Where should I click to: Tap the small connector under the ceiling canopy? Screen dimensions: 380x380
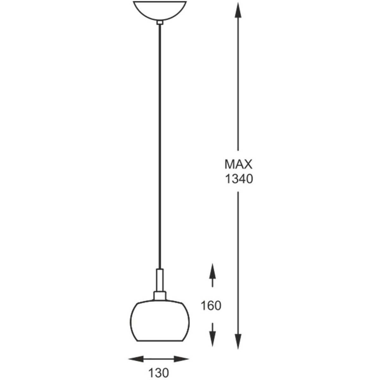(160, 22)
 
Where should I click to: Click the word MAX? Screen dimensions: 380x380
(238, 164)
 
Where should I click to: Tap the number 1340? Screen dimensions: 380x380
(239, 179)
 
